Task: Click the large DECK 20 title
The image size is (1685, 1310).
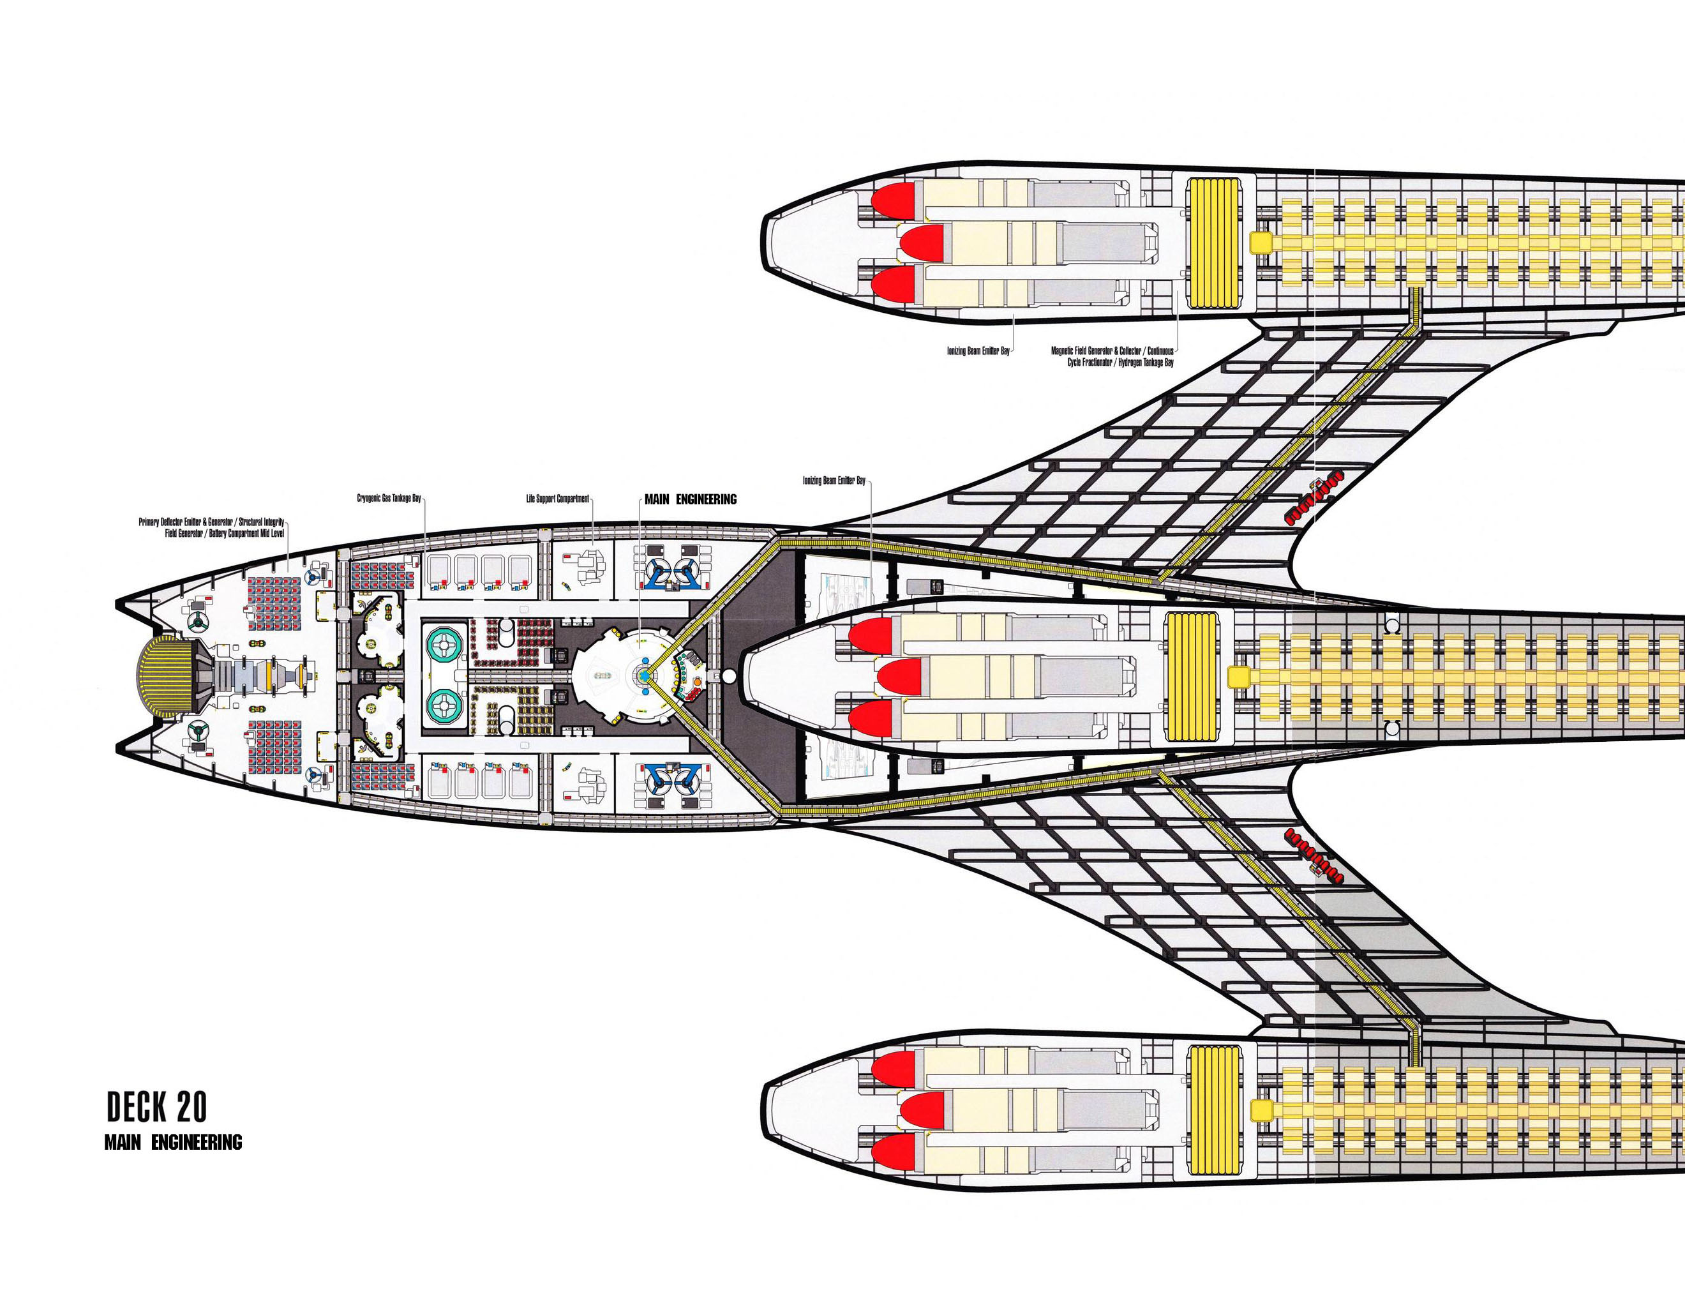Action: click(156, 1107)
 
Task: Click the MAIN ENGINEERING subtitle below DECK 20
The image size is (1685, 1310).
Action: click(173, 1143)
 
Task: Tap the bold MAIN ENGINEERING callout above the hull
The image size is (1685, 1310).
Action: click(690, 499)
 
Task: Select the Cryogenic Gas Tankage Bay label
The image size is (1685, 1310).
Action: click(389, 499)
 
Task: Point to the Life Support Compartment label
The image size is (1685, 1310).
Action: click(557, 499)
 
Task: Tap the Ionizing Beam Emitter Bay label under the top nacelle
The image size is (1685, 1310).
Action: click(978, 351)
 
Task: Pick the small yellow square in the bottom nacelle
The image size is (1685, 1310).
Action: click(1261, 1111)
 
